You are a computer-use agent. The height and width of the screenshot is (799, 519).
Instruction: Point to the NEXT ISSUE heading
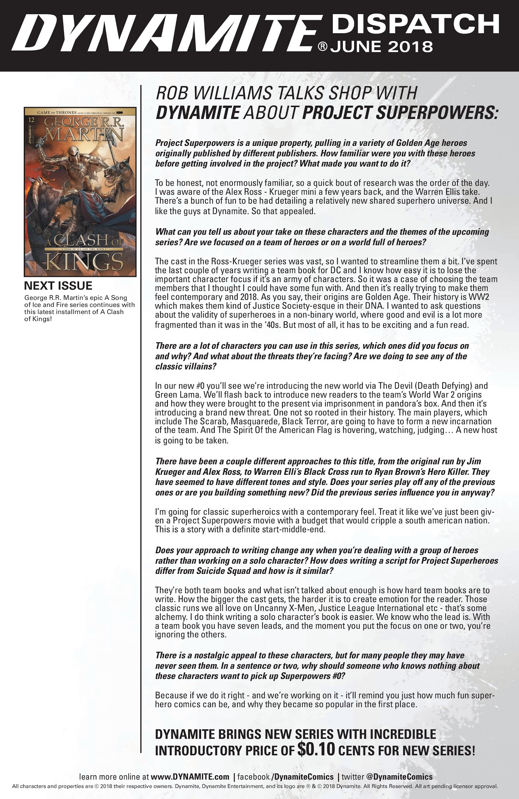tap(58, 286)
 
